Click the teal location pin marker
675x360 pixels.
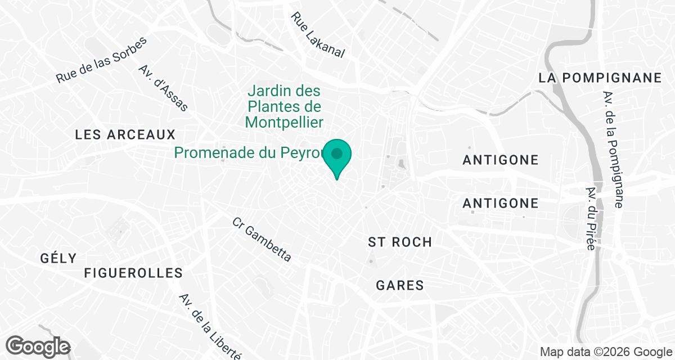(x=337, y=155)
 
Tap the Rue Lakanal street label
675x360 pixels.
(x=317, y=35)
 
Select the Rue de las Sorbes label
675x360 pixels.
(x=102, y=60)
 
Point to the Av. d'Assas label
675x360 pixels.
(x=163, y=88)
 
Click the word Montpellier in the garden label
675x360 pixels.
(x=284, y=122)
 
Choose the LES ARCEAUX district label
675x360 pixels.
(x=125, y=135)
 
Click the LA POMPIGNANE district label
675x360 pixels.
(x=600, y=78)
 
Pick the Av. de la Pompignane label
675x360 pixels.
(x=613, y=150)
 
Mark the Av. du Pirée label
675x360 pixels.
(x=591, y=219)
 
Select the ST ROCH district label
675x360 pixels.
(x=399, y=242)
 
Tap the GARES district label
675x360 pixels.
(x=399, y=285)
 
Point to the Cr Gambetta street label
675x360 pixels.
(x=262, y=240)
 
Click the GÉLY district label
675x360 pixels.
(x=58, y=258)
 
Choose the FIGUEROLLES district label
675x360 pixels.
(x=133, y=273)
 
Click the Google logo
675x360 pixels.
(x=38, y=346)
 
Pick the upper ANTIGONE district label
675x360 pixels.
(x=500, y=160)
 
